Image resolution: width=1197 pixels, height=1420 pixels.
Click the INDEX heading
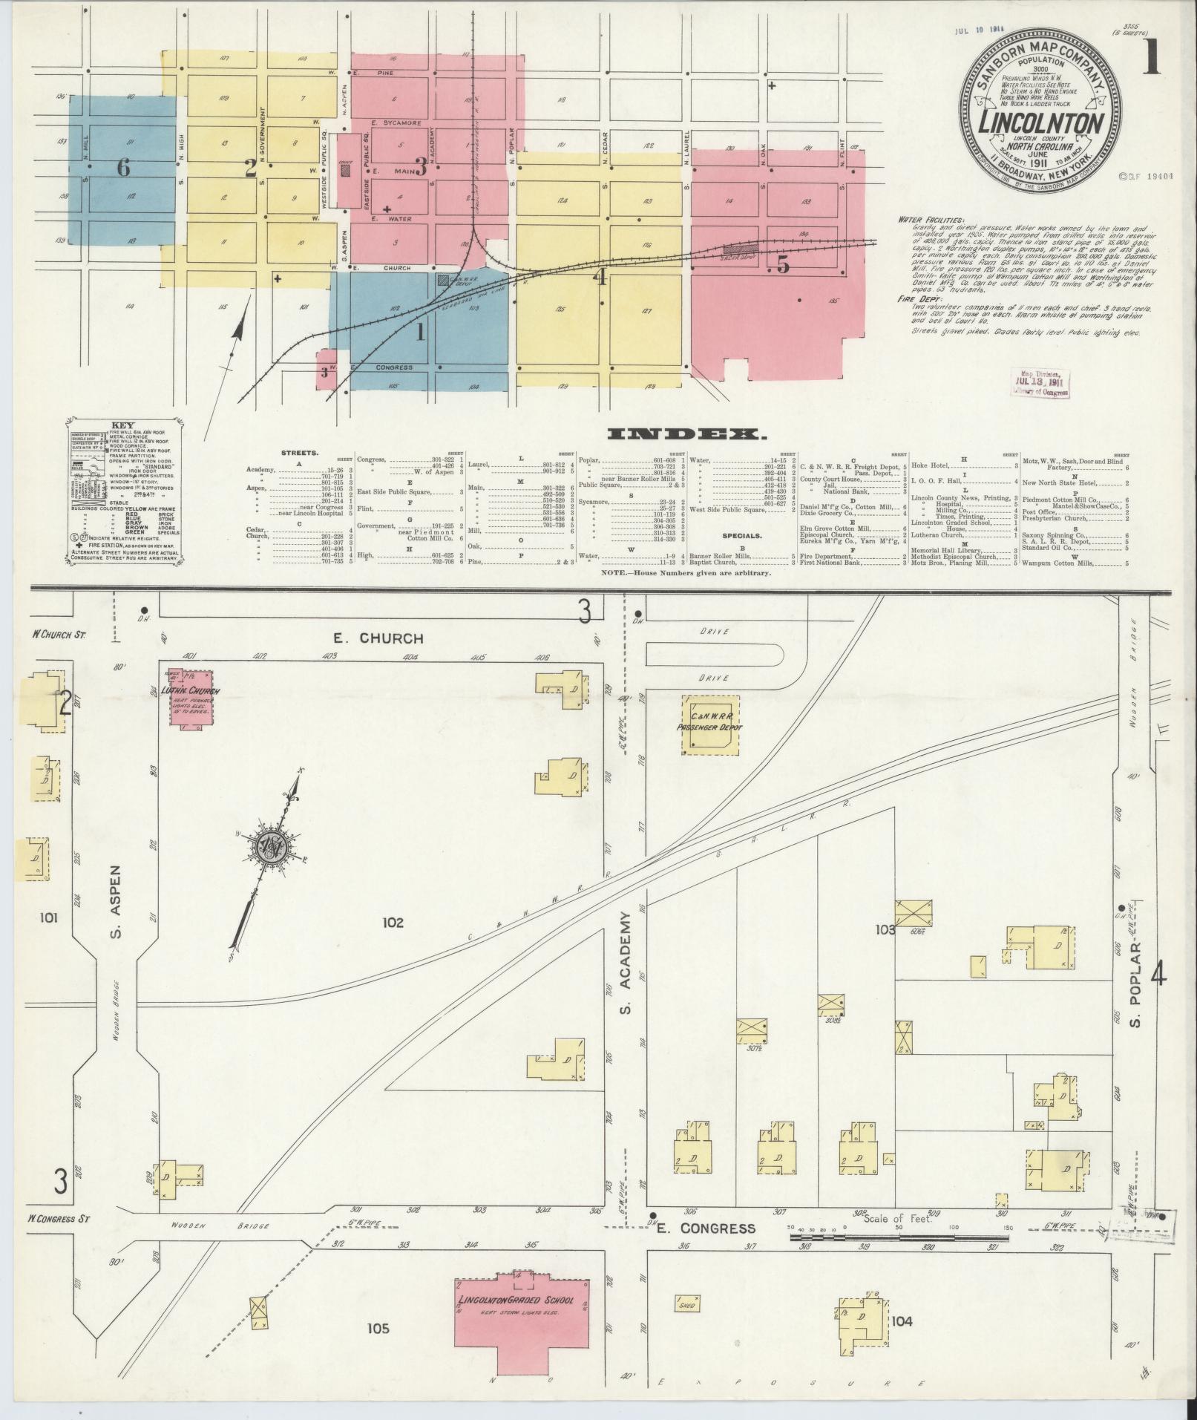[686, 434]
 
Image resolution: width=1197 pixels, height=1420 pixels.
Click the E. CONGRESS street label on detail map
[706, 1228]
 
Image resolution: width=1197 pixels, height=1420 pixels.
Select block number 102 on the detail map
[393, 923]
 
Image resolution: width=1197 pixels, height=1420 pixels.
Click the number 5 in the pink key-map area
[782, 264]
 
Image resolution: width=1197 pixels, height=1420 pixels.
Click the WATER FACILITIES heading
[930, 220]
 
